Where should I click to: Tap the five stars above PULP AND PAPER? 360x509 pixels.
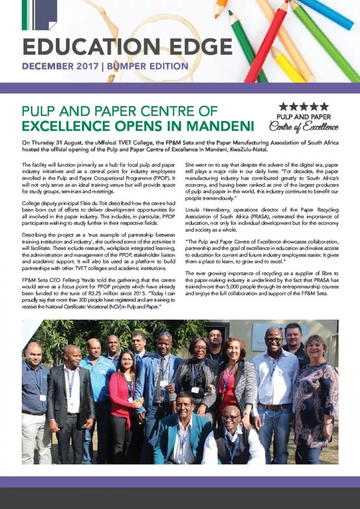pos(303,106)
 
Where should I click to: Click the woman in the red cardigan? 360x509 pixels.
pos(123,393)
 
